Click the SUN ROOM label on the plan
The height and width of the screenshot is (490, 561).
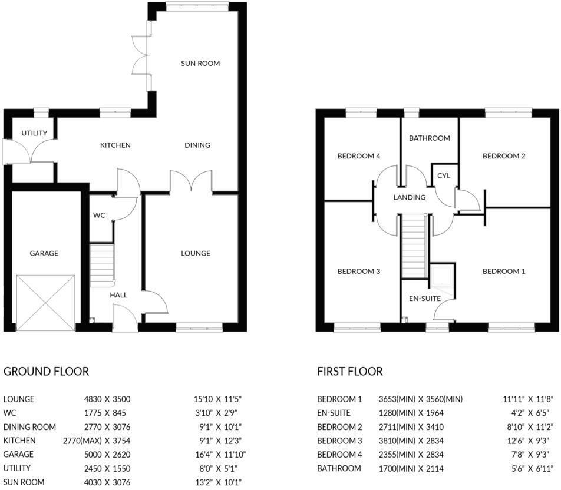[200, 64]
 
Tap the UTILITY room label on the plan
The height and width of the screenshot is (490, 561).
[34, 133]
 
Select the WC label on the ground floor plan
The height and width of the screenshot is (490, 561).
[99, 216]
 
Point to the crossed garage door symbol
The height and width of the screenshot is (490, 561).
[46, 303]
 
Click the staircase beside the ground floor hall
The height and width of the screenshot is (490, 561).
[102, 266]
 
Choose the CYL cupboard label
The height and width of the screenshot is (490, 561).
[444, 176]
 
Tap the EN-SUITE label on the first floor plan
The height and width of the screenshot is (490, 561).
[425, 298]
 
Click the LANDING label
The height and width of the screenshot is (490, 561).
[410, 197]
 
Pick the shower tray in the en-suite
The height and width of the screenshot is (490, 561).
[442, 281]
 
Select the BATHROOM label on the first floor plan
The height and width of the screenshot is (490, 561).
[430, 138]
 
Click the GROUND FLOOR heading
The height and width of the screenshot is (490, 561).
[46, 372]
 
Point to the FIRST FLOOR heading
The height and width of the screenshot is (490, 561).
[350, 372]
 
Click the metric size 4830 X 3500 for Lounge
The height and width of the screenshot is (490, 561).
[107, 399]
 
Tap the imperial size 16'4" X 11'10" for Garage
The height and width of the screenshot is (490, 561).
[220, 455]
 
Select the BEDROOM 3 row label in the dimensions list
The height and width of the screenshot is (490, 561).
[339, 441]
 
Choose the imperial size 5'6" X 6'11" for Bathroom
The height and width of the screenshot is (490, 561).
[533, 469]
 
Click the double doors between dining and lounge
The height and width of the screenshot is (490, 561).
[192, 181]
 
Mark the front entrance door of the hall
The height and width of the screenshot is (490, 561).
[125, 318]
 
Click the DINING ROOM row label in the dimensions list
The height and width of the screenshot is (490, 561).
[29, 427]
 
